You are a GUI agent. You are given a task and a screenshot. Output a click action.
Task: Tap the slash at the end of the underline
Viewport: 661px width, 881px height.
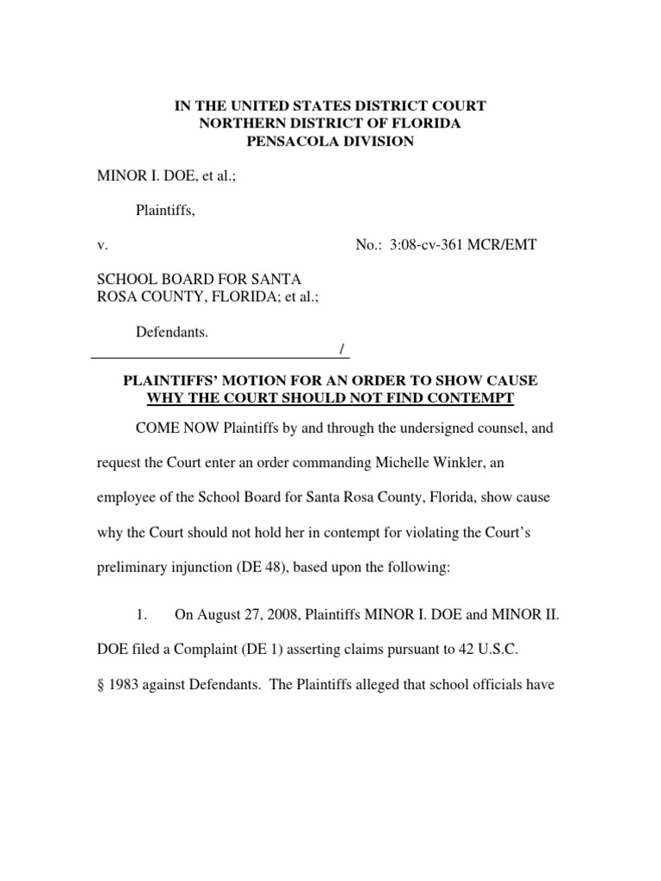[343, 348]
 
